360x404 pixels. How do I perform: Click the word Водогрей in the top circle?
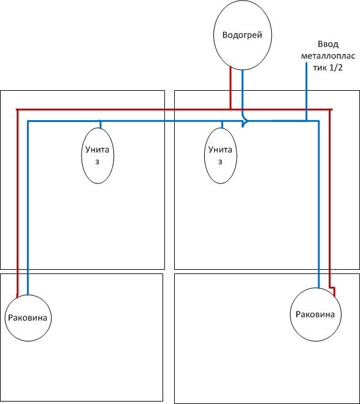[242, 35]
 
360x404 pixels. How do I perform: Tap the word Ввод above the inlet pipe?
[328, 44]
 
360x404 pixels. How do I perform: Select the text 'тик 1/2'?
[327, 67]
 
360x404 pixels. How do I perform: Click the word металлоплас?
[328, 56]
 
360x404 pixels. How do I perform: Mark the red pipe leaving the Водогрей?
[231, 88]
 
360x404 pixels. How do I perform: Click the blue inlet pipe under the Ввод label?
[307, 92]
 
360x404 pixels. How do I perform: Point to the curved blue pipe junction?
[245, 120]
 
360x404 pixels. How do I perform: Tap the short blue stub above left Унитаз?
[101, 124]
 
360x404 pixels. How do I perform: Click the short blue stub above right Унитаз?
[222, 124]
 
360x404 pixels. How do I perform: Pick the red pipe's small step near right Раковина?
[332, 288]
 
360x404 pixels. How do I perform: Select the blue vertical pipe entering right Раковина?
[319, 204]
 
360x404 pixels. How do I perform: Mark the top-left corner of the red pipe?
[17, 110]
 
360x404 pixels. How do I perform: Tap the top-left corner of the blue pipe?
[28, 121]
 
